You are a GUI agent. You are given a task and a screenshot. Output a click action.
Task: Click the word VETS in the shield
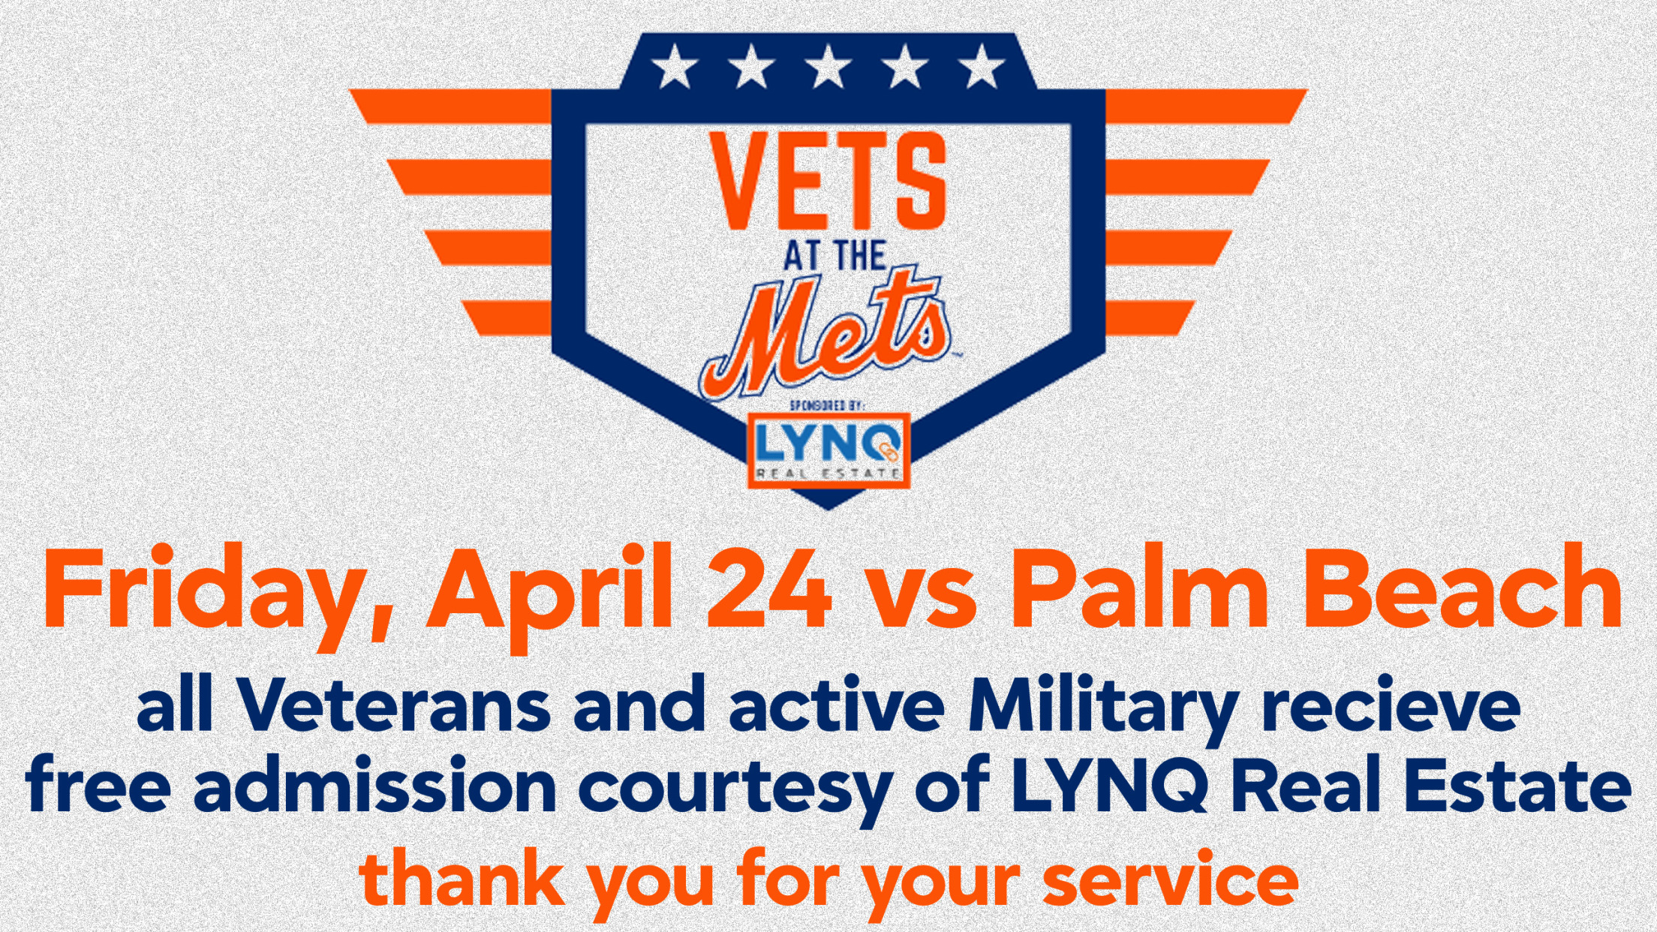click(828, 180)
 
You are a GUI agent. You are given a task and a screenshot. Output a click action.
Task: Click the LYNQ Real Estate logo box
click(828, 450)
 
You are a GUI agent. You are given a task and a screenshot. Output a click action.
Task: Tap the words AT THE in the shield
click(835, 256)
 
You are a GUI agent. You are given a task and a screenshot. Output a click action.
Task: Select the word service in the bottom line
click(1171, 879)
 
